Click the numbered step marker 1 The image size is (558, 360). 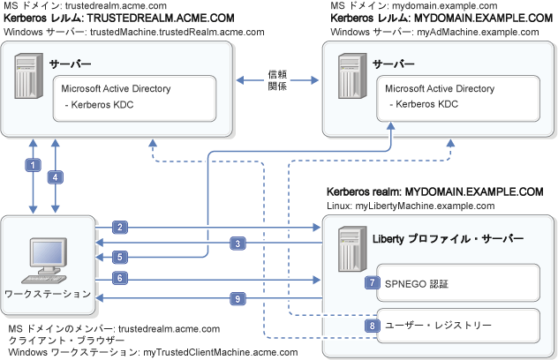coord(33,165)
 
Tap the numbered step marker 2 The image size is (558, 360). coord(120,228)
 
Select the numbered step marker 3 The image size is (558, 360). coord(238,243)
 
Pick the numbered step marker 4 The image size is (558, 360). coord(56,176)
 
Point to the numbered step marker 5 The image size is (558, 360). coord(120,257)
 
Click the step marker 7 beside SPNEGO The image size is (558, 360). coord(374,283)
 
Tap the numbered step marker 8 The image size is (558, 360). coord(374,325)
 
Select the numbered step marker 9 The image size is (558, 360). coord(238,298)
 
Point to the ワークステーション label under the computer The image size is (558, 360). coord(47,293)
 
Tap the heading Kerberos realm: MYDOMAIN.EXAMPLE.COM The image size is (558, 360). coord(434,191)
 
